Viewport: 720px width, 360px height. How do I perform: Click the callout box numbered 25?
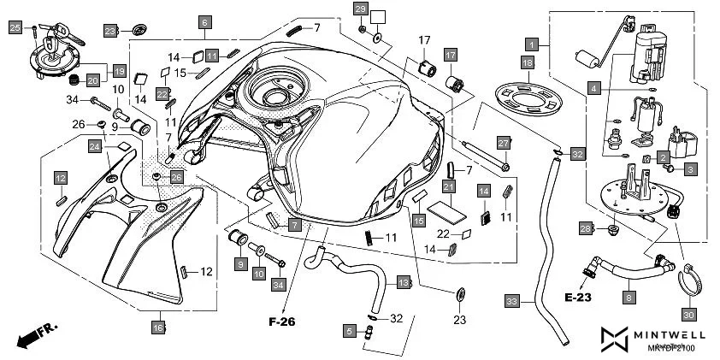15,28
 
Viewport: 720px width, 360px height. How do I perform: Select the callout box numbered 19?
118,71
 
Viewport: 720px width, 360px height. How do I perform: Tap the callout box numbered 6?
204,24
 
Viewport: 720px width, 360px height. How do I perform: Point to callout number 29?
360,10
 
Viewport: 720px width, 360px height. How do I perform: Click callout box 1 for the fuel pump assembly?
532,42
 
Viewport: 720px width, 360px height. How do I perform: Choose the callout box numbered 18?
528,63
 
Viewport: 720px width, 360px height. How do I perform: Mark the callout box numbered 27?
504,143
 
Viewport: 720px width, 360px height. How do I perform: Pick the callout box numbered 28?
585,228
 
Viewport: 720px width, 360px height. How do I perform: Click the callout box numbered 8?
629,297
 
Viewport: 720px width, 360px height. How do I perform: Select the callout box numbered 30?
688,314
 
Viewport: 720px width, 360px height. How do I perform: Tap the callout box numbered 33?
511,301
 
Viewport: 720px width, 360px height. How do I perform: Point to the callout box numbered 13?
403,281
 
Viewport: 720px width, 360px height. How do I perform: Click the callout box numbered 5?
348,329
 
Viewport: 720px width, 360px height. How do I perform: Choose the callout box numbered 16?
158,327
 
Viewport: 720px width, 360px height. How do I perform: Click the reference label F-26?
282,323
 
